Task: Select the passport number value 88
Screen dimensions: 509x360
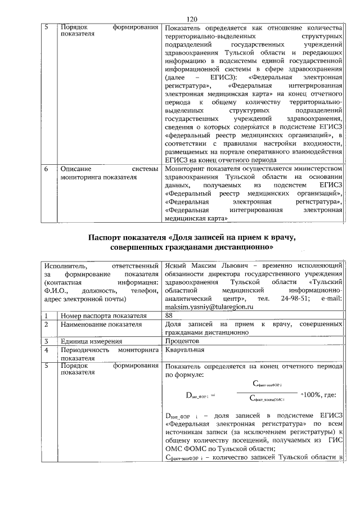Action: click(169, 316)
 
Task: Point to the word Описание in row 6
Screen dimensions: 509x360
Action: click(76, 168)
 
